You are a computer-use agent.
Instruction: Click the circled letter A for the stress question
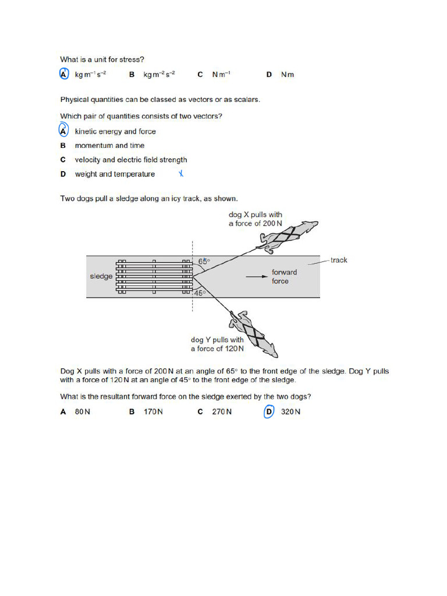click(x=64, y=74)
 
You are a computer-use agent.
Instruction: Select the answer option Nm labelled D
click(x=288, y=75)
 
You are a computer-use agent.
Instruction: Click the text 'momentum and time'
click(x=109, y=146)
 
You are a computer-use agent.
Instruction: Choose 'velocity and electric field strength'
click(x=131, y=159)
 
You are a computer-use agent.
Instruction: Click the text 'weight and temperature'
click(x=115, y=174)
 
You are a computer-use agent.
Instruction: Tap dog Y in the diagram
click(x=254, y=334)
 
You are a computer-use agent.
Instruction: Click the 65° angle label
click(x=204, y=262)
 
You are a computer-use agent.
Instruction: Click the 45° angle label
click(x=200, y=293)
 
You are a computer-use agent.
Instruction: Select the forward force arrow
click(x=256, y=277)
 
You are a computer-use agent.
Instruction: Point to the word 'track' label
click(x=339, y=260)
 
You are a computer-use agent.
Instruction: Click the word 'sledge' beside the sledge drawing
click(x=101, y=276)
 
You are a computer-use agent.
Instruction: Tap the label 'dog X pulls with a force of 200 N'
click(x=255, y=219)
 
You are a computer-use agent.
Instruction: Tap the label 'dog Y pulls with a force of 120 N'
click(x=217, y=344)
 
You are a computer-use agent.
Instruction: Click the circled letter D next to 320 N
click(x=268, y=412)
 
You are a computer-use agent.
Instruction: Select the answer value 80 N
click(x=83, y=412)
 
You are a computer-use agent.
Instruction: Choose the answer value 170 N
click(x=153, y=412)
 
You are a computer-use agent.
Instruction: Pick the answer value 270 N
click(x=222, y=412)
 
